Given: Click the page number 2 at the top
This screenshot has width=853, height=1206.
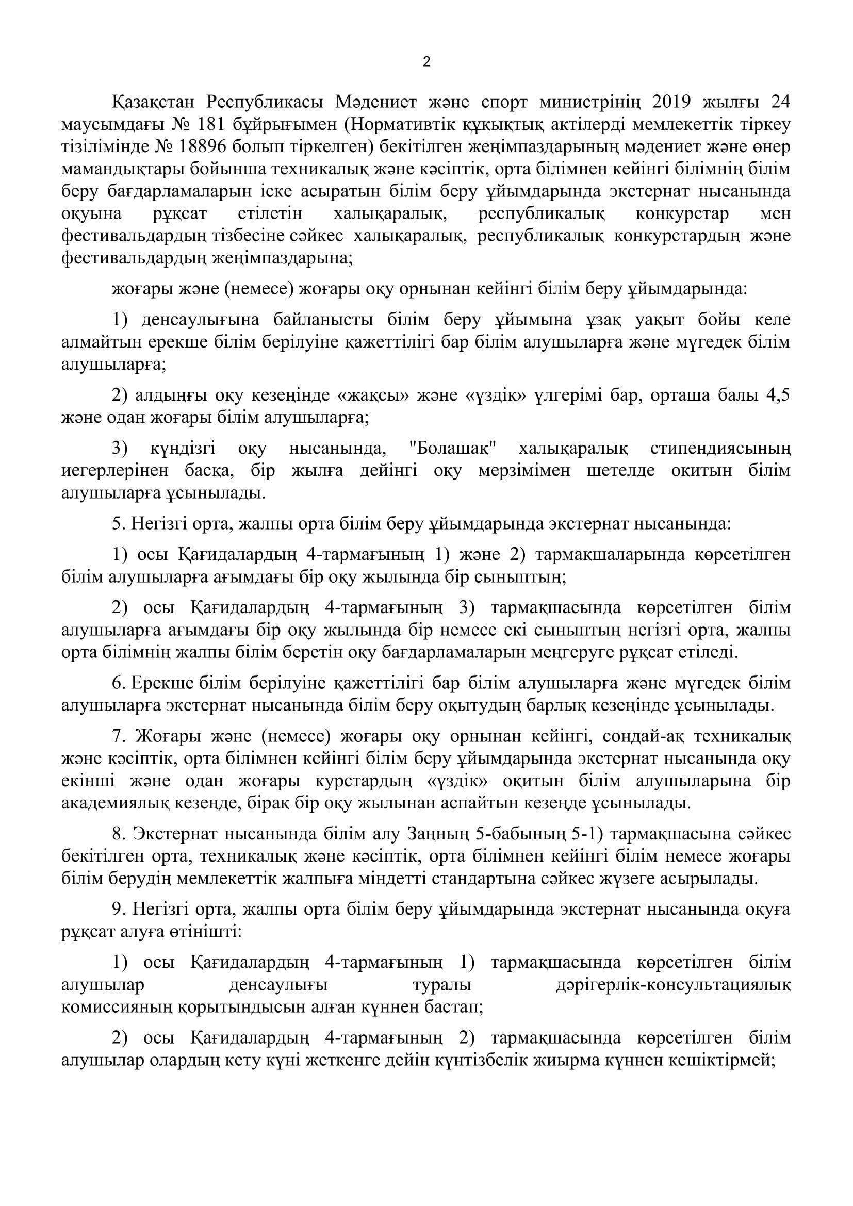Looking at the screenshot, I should (426, 62).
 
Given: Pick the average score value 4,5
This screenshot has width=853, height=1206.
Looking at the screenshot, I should (777, 395).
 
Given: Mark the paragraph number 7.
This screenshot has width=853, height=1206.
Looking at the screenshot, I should (117, 737).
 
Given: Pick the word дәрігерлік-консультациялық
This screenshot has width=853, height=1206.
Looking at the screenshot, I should (673, 986).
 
